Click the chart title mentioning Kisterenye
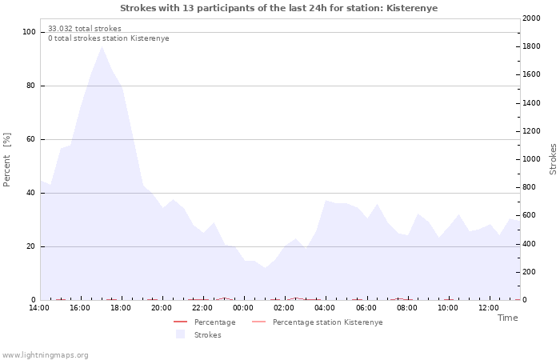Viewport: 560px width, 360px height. pos(278,8)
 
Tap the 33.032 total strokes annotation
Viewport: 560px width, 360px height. pos(85,29)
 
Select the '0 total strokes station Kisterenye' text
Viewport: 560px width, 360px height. pos(109,38)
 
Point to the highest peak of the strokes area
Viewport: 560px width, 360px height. pos(102,46)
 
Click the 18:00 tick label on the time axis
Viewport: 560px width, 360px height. pos(121,308)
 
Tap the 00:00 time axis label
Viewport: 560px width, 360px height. pos(243,308)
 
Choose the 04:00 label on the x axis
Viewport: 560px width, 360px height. pos(325,308)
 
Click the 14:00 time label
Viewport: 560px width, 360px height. pos(39,308)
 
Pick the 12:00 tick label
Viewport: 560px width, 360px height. pos(489,308)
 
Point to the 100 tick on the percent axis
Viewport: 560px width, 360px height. pos(29,32)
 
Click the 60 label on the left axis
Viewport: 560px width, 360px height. pos(30,139)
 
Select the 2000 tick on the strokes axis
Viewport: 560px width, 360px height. pos(531,18)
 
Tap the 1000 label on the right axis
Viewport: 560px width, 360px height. pos(531,159)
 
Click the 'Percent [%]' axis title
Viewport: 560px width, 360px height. pos(6,160)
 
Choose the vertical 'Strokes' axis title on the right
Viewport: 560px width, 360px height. pos(553,159)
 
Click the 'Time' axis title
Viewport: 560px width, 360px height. pos(507,318)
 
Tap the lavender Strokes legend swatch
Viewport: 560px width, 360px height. pos(180,334)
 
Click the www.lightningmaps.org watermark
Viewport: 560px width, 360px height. pos(45,355)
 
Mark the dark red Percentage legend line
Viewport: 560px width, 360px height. pos(180,322)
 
